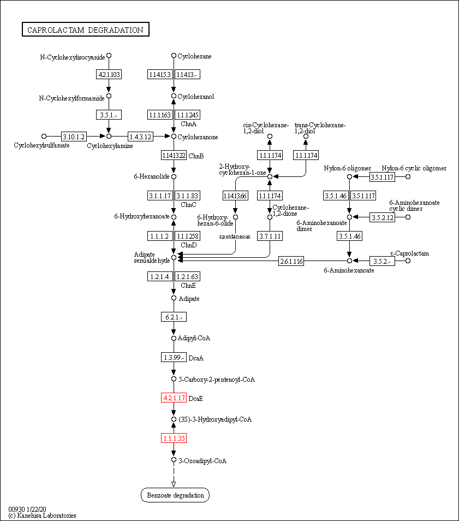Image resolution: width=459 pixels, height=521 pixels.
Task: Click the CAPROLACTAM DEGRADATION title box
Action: [86, 30]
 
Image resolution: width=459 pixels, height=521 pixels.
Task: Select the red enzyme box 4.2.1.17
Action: [174, 398]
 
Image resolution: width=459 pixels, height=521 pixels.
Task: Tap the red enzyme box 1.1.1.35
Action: [174, 438]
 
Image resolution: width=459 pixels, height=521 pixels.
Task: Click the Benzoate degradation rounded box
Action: [175, 495]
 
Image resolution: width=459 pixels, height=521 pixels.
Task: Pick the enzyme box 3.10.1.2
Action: [73, 136]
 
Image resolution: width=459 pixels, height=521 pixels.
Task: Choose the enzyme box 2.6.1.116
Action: [291, 261]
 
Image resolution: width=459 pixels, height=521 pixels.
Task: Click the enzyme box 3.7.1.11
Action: [270, 236]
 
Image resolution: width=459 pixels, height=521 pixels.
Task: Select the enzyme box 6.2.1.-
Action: [174, 317]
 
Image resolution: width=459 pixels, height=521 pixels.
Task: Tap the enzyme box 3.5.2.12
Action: [382, 217]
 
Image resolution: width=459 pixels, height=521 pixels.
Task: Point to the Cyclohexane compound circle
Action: [174, 56]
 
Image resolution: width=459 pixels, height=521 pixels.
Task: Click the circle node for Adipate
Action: [174, 298]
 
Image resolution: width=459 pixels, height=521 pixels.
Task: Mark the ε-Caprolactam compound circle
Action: [408, 261]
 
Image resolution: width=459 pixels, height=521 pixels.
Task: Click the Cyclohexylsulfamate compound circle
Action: [44, 136]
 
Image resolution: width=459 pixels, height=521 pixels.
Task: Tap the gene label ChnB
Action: [196, 156]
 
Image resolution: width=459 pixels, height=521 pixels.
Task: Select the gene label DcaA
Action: [196, 358]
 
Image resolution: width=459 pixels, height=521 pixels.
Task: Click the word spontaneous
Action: [235, 236]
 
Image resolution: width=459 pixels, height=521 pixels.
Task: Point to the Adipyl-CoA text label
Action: [194, 338]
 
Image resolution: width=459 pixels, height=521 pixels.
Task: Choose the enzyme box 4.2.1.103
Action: [109, 74]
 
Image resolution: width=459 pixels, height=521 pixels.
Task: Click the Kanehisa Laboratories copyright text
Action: [42, 516]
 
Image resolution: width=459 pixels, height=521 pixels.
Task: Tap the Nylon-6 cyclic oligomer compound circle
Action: [408, 176]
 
